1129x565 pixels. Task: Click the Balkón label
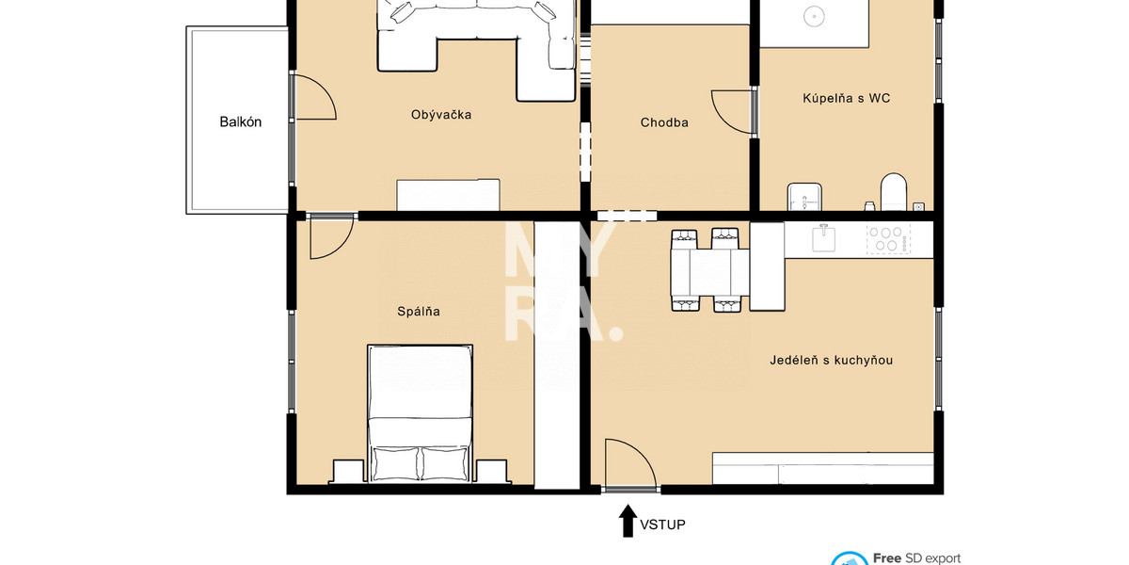(x=240, y=121)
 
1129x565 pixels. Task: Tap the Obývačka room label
(x=440, y=115)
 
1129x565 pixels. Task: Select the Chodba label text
(x=664, y=122)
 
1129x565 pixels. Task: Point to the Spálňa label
(x=419, y=311)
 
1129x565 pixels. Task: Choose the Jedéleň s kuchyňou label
(x=831, y=360)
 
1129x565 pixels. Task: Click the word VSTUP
(x=662, y=525)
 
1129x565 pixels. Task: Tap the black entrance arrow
(x=628, y=521)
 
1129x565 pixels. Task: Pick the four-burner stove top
(x=886, y=239)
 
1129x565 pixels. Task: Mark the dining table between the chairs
(x=710, y=270)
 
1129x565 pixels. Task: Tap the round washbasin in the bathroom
(x=813, y=16)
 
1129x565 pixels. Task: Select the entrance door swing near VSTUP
(x=628, y=463)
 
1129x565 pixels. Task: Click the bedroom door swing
(x=330, y=236)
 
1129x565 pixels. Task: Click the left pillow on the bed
(x=394, y=462)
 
